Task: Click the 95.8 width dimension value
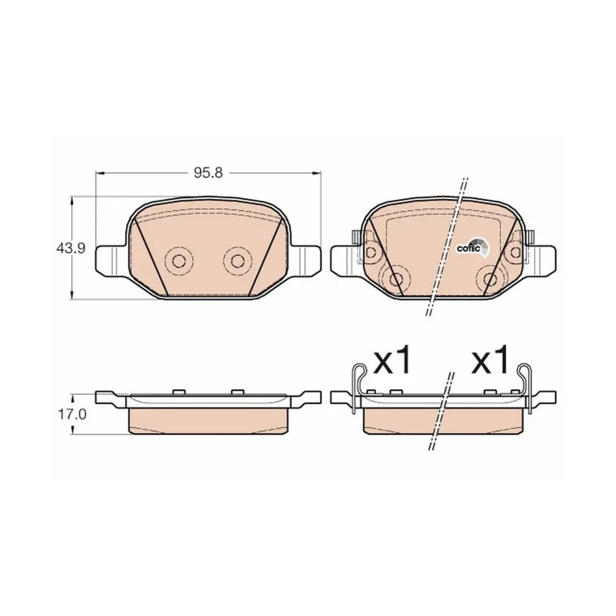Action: (208, 172)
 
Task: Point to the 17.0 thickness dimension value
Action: (70, 415)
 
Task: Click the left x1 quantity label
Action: (392, 360)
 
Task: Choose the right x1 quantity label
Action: (490, 360)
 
